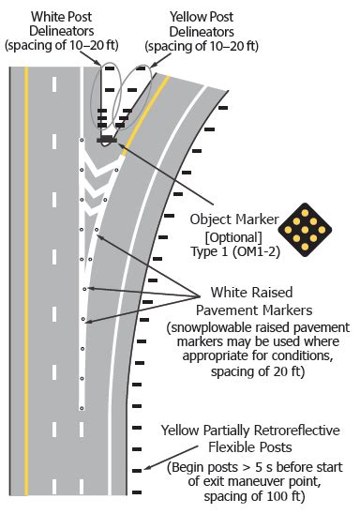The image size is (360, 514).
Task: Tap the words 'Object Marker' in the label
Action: pyautogui.click(x=230, y=218)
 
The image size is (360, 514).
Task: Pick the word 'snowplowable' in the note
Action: pyautogui.click(x=212, y=328)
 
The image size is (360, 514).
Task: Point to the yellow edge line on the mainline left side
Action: pyautogui.click(x=26, y=281)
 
